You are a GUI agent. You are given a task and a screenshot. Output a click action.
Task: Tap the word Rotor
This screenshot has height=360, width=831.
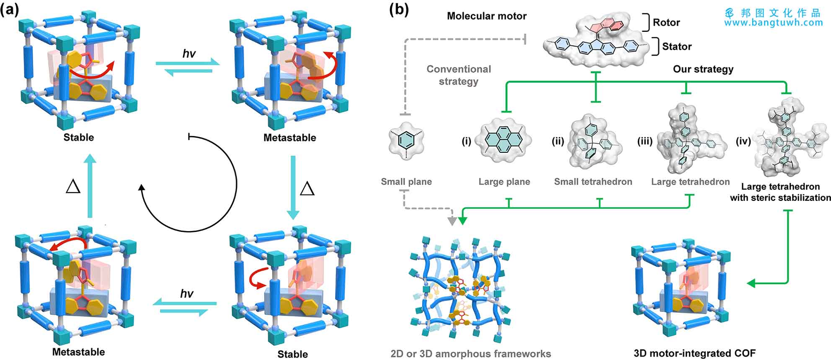[666, 23]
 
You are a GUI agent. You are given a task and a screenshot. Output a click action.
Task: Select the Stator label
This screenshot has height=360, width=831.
[676, 46]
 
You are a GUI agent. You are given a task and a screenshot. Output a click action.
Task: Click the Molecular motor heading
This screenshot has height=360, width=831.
[487, 16]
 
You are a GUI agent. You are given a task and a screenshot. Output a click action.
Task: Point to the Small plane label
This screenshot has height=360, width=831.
[406, 182]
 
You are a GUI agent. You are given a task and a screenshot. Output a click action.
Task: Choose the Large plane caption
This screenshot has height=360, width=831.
[504, 182]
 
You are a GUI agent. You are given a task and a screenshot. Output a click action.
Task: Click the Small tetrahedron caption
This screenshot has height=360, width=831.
[593, 182]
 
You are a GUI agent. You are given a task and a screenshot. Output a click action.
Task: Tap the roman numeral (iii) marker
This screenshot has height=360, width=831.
[645, 141]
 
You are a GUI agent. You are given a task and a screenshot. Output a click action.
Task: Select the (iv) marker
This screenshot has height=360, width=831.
[743, 141]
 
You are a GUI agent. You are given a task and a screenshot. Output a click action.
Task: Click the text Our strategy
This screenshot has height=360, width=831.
[703, 69]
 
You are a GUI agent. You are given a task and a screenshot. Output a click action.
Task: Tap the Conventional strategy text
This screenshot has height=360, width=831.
[459, 75]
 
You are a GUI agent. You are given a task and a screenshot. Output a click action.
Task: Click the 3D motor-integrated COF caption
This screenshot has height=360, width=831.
[694, 353]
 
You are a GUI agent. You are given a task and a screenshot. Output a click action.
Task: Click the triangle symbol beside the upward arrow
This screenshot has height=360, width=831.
[73, 187]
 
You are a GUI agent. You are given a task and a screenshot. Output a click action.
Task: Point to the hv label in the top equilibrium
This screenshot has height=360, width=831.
[189, 54]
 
